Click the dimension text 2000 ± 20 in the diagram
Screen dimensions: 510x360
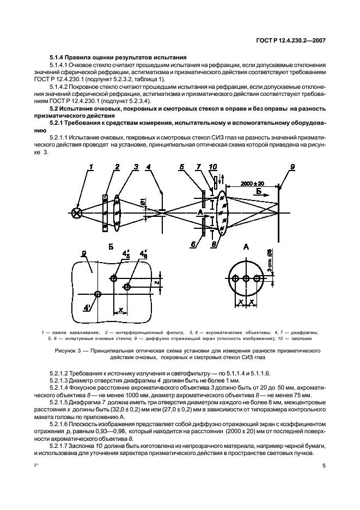253,184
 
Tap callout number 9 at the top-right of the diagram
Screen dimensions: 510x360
292,167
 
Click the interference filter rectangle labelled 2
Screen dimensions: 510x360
105,212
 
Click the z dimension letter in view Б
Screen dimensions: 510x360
156,283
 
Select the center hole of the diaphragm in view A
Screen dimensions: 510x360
246,278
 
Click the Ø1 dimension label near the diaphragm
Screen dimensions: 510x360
142,204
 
